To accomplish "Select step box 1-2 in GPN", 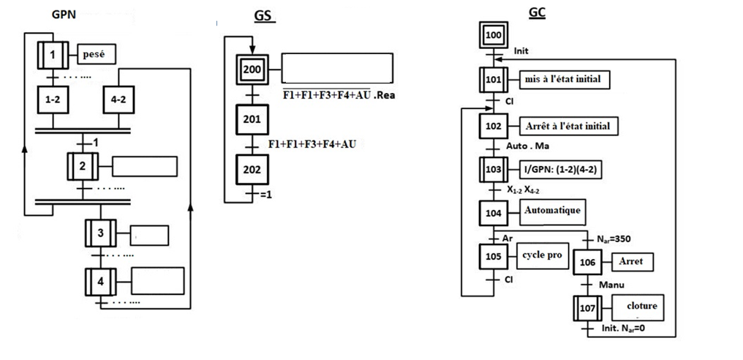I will click(52, 100).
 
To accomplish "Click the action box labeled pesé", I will click(97, 53).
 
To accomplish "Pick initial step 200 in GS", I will click(252, 70).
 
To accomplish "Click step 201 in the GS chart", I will click(252, 119).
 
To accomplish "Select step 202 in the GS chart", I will click(252, 169).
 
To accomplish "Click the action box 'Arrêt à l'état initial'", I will click(567, 125).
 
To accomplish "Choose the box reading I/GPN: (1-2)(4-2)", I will click(559, 169).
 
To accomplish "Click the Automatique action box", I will click(553, 211).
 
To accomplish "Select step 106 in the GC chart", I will click(589, 261).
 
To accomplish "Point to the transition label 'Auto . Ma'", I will click(527, 146).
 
